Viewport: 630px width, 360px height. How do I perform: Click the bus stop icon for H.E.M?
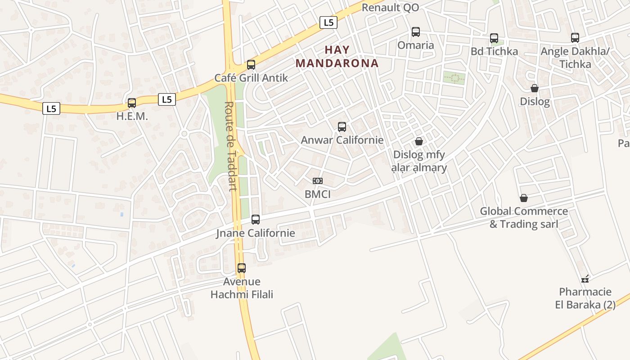[132, 103]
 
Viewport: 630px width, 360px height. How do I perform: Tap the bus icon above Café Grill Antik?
[251, 65]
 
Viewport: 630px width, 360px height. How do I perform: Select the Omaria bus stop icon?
[416, 32]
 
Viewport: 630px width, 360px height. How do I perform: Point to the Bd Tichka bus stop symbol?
[494, 38]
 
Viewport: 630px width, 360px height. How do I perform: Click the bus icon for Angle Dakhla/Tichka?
[575, 38]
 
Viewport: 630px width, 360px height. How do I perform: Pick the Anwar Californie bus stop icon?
[342, 127]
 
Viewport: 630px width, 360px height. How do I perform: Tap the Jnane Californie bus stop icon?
[256, 220]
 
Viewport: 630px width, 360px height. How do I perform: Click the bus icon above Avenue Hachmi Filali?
[242, 268]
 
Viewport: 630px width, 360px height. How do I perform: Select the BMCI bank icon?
[318, 181]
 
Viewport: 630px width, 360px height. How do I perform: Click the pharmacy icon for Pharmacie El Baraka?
[585, 279]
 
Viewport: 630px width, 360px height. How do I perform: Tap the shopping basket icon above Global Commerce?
[524, 198]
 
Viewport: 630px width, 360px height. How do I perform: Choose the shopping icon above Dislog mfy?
[419, 141]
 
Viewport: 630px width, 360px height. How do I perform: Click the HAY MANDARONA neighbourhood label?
[337, 56]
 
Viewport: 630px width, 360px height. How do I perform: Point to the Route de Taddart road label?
[230, 146]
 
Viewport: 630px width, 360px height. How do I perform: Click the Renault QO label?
[390, 7]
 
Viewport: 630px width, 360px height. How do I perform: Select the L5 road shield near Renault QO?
[329, 22]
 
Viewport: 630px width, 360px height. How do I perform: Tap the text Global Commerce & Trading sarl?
[524, 217]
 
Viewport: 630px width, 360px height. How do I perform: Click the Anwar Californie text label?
[342, 140]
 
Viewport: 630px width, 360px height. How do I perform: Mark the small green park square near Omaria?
[454, 78]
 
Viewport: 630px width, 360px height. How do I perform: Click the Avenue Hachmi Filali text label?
[242, 288]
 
